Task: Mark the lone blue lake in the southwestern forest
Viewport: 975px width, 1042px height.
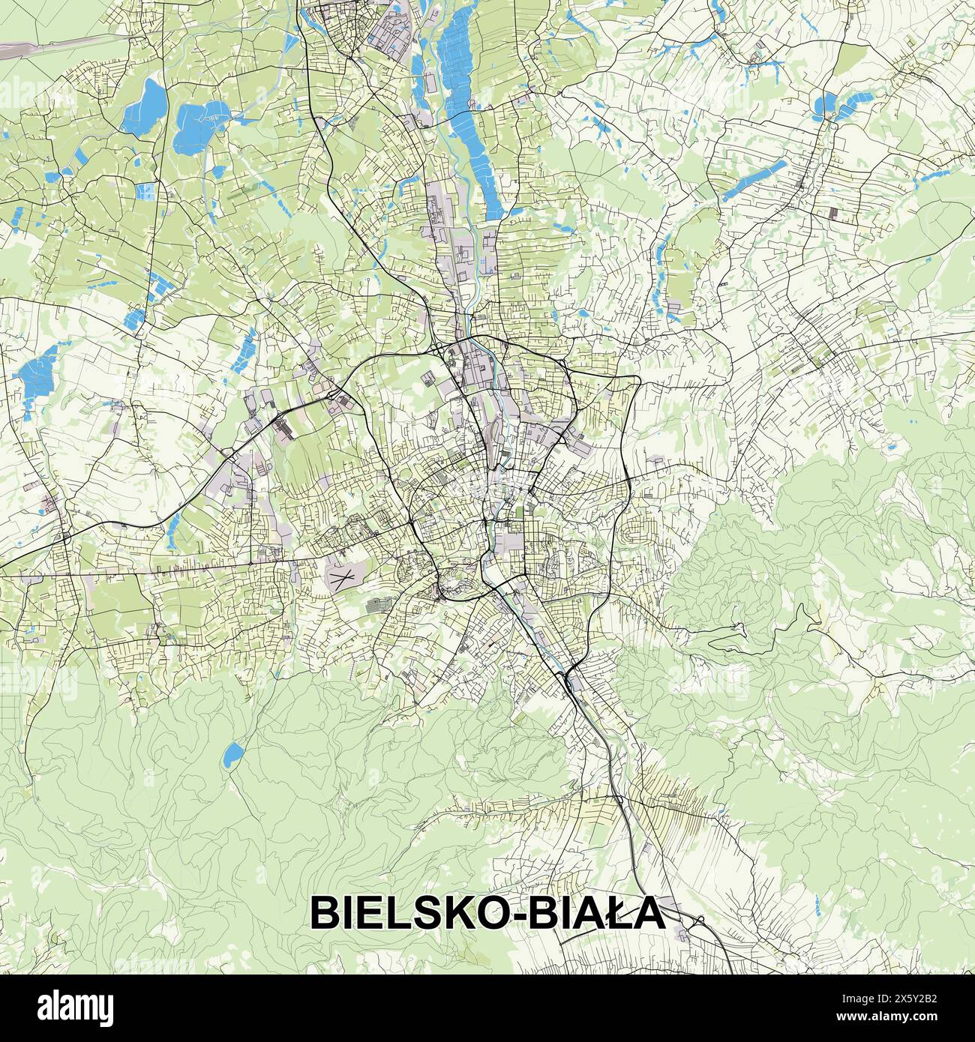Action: [232, 755]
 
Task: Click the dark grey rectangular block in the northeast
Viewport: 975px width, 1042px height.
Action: [835, 211]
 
